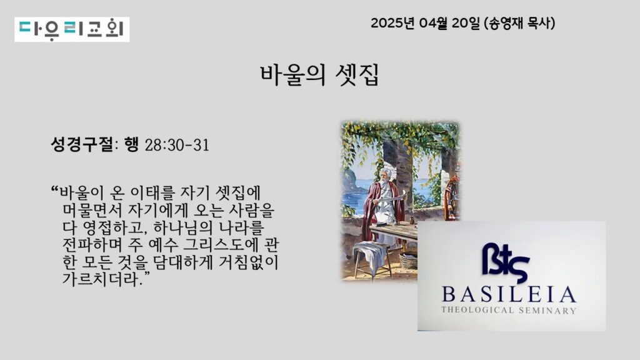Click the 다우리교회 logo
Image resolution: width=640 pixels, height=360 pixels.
coord(72,29)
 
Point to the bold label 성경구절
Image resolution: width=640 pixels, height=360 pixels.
coord(82,144)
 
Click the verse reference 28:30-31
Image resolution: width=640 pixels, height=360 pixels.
coord(177,145)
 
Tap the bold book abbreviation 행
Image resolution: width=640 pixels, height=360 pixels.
coord(131,144)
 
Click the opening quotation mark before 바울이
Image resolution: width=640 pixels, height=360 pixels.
coord(55,189)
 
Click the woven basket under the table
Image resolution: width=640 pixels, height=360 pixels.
coord(409,261)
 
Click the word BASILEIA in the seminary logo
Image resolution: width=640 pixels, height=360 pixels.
coord(509,295)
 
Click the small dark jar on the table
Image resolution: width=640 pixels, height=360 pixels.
coord(412,221)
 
